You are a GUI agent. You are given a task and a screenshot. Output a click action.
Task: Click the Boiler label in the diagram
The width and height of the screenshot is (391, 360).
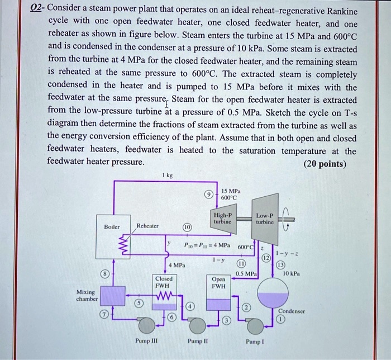point(112,226)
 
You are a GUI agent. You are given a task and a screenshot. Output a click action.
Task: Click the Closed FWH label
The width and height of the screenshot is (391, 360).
point(163,281)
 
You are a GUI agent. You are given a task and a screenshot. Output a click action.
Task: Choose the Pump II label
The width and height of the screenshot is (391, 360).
point(197,340)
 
